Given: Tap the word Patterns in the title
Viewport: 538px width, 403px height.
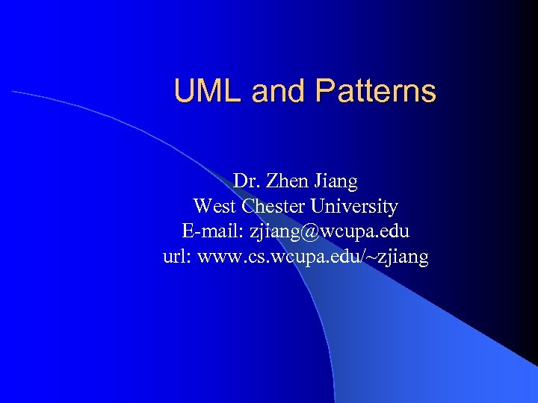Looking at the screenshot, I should (375, 92).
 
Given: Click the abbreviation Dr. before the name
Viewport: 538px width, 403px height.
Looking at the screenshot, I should (244, 181).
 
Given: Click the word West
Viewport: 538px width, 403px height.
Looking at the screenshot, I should (214, 207).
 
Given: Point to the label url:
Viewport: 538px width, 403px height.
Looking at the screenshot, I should (176, 257).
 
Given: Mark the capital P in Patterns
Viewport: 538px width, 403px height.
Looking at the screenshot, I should (324, 92).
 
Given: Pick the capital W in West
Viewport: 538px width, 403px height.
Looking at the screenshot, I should (201, 207).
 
